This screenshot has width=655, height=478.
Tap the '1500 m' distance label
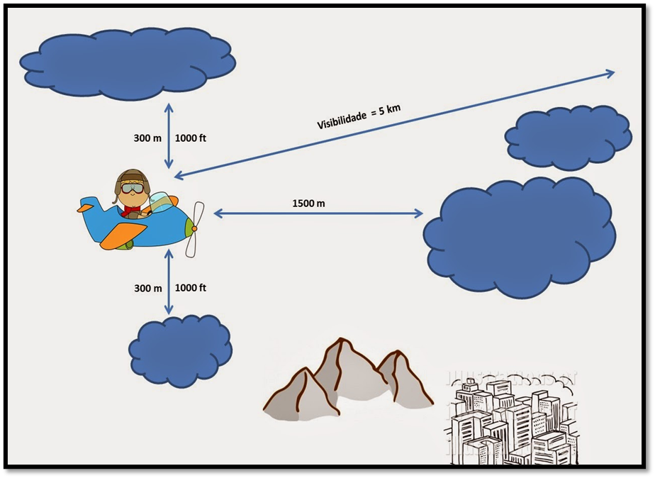(x=308, y=204)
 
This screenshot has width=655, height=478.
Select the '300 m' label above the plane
(x=147, y=138)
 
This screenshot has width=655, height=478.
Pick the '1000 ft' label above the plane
(x=191, y=138)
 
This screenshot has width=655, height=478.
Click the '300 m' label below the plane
(x=147, y=289)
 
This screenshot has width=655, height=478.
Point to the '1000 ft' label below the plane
(x=191, y=288)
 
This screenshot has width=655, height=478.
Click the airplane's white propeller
(x=195, y=228)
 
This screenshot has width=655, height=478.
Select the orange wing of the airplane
(x=122, y=235)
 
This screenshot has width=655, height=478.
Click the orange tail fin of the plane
(x=86, y=208)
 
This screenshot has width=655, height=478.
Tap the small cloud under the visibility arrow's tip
(x=569, y=138)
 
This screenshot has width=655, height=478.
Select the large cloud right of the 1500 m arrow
(x=520, y=236)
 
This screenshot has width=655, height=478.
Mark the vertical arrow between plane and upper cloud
(x=169, y=136)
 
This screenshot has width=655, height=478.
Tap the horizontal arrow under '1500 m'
(x=318, y=213)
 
